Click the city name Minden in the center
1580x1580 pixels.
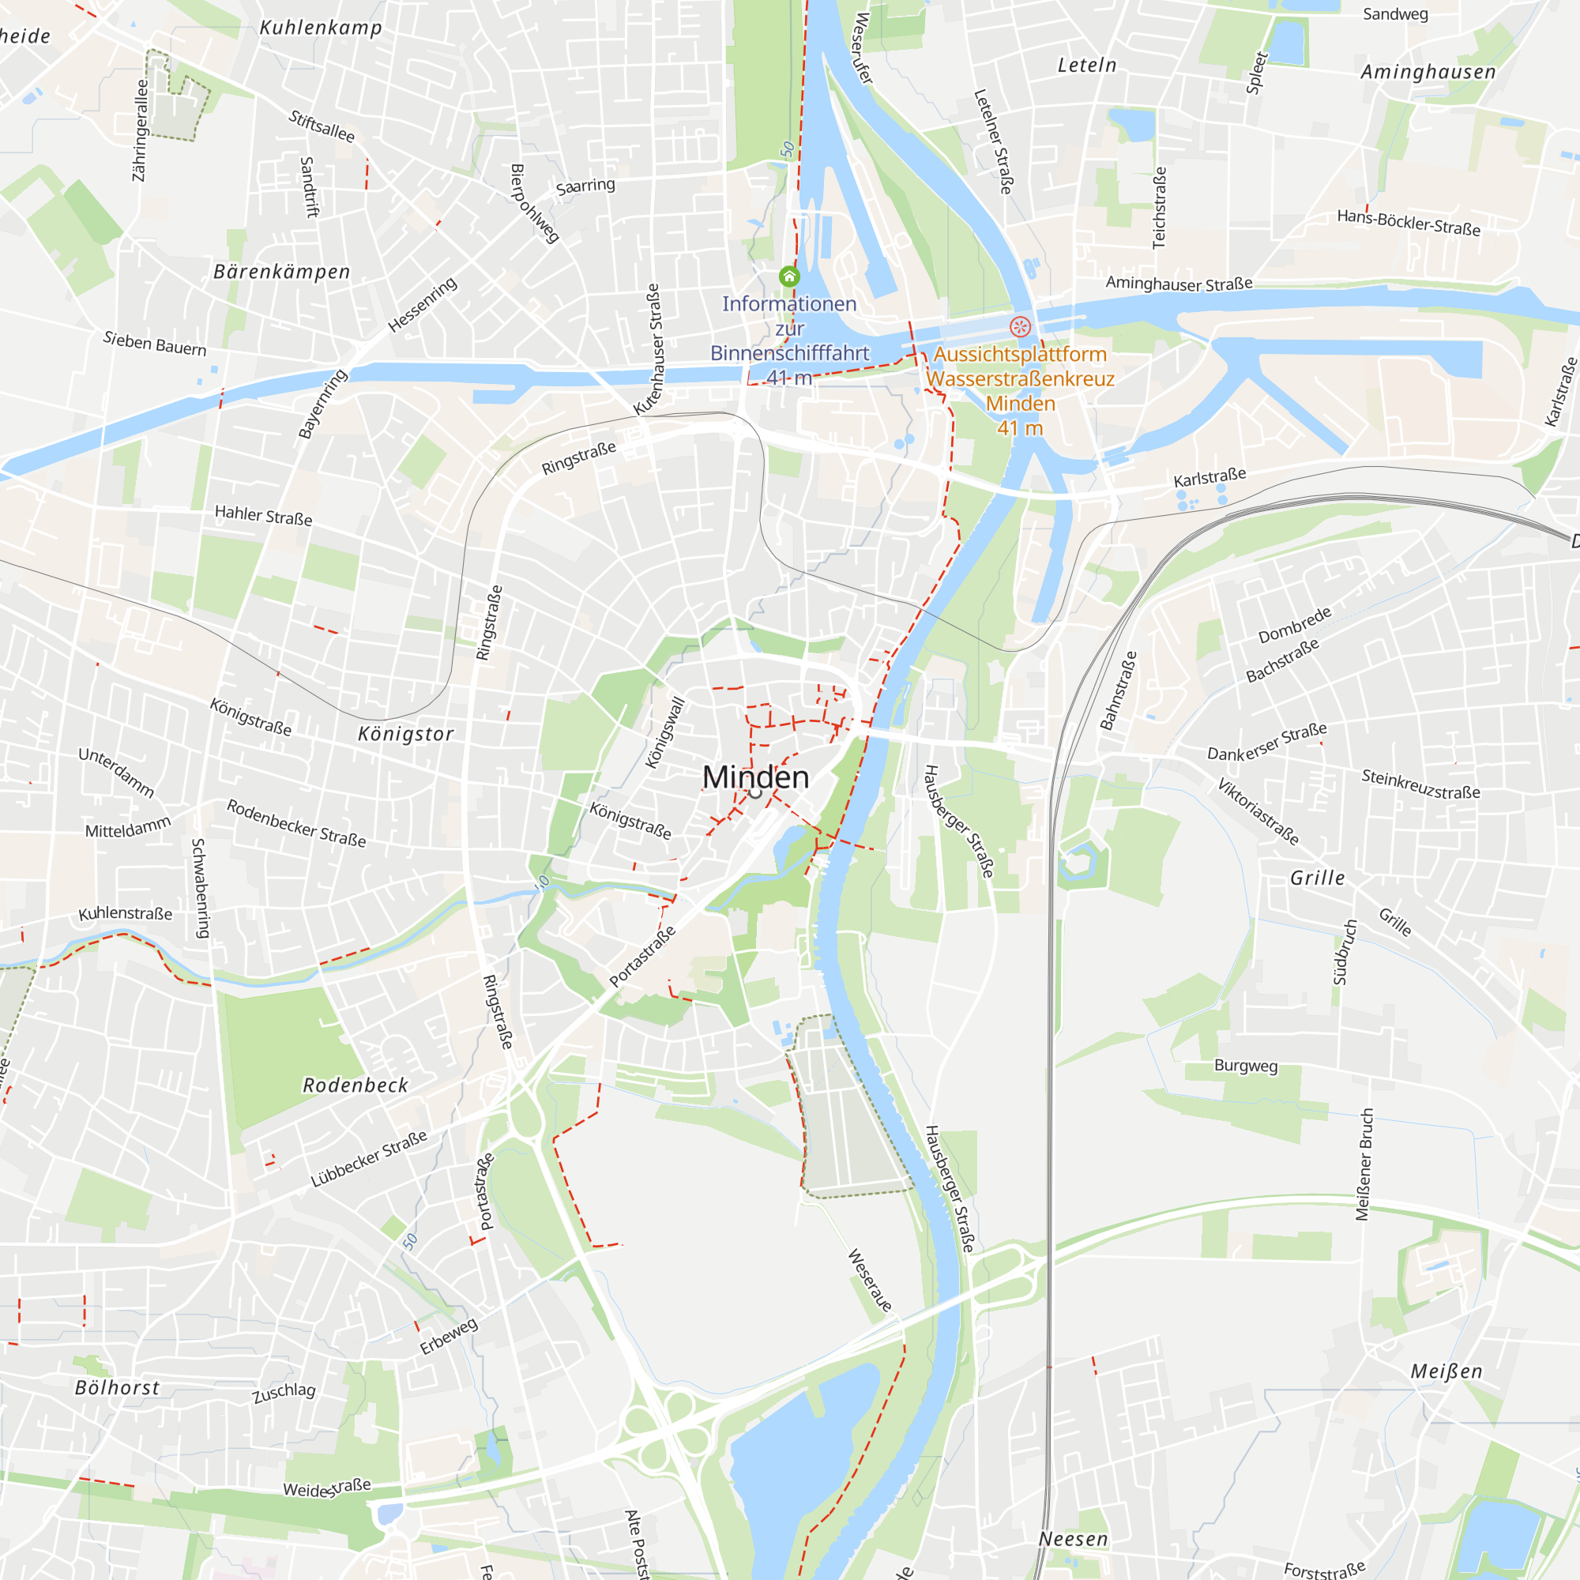pyautogui.click(x=756, y=777)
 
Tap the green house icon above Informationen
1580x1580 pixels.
pyautogui.click(x=788, y=276)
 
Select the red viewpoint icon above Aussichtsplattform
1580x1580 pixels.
pyautogui.click(x=1020, y=327)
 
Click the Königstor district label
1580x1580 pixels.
pyautogui.click(x=405, y=734)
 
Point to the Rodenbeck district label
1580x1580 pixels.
pyautogui.click(x=355, y=1085)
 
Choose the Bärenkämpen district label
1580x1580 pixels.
pyautogui.click(x=281, y=272)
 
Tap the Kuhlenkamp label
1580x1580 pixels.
pyautogui.click(x=321, y=28)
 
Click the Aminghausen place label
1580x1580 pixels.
pyautogui.click(x=1428, y=72)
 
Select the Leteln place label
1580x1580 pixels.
pyautogui.click(x=1087, y=65)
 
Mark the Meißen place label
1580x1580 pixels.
pyautogui.click(x=1446, y=1371)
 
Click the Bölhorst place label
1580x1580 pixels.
pyautogui.click(x=117, y=1388)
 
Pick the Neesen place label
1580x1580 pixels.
pyautogui.click(x=1073, y=1539)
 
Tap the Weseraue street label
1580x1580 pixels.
pyautogui.click(x=869, y=1280)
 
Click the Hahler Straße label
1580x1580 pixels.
pyautogui.click(x=262, y=515)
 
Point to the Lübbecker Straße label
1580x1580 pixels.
pyautogui.click(x=369, y=1159)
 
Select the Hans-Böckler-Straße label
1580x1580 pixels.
pyautogui.click(x=1409, y=223)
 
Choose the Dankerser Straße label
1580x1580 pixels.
pyautogui.click(x=1267, y=741)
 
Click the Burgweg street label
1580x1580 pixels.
pyautogui.click(x=1246, y=1066)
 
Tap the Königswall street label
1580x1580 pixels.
pyautogui.click(x=665, y=732)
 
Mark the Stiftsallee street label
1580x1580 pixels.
pyautogui.click(x=322, y=126)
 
